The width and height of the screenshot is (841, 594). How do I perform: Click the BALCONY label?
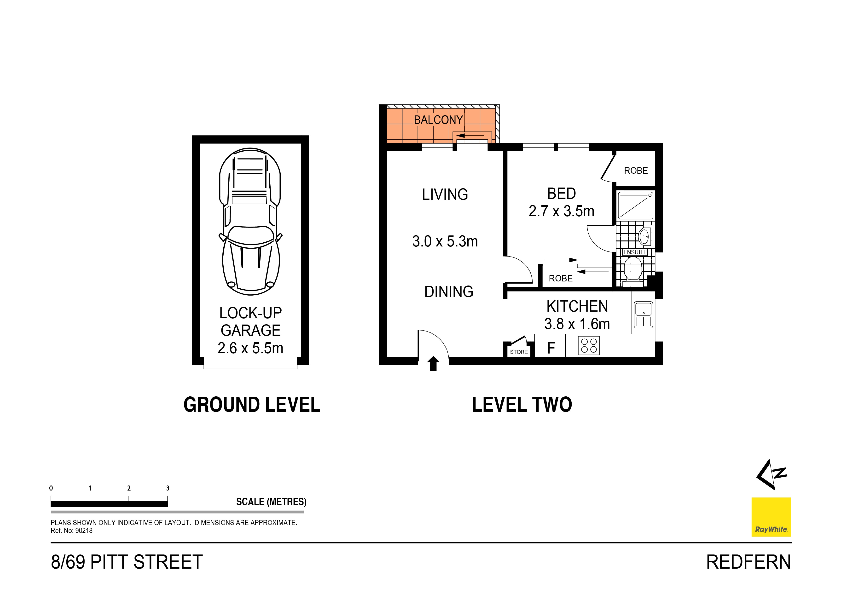[438, 120]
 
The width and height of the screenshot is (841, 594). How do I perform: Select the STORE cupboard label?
[519, 352]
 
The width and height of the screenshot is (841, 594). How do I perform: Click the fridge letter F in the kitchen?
[551, 348]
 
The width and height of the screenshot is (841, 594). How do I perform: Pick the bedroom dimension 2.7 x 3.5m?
[561, 211]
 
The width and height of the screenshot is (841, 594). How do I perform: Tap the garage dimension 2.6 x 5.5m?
[250, 348]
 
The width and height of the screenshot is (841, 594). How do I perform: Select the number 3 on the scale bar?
[168, 488]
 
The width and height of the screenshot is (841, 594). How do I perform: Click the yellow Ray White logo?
[771, 517]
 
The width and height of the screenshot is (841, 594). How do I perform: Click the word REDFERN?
[748, 562]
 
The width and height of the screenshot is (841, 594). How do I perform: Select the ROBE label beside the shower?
[636, 171]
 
